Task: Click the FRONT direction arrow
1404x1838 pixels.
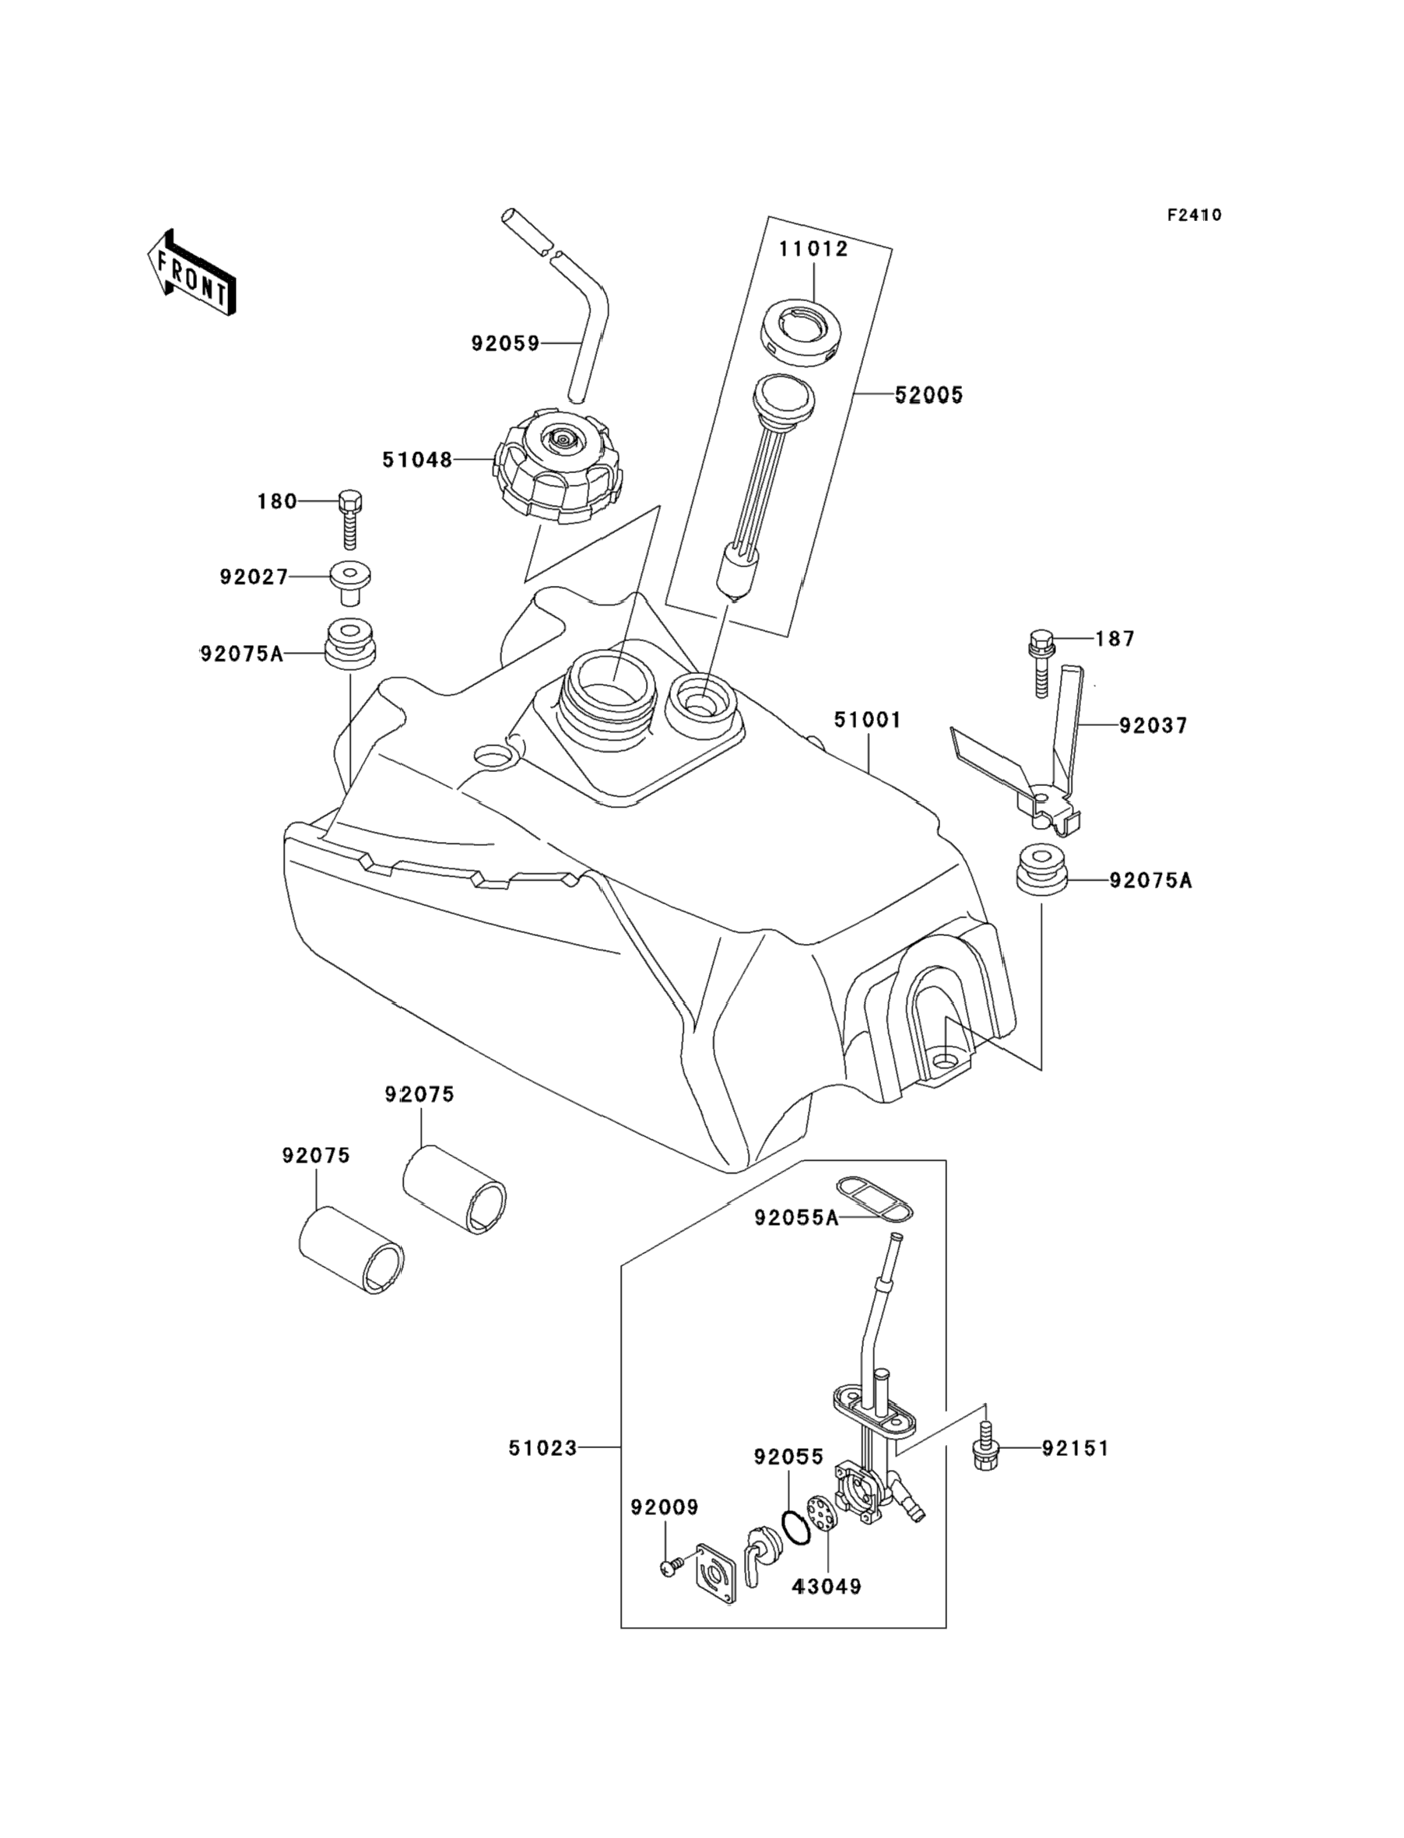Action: click(x=191, y=273)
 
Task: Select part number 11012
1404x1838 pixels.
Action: click(x=814, y=249)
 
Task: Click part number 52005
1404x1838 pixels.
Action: click(x=928, y=395)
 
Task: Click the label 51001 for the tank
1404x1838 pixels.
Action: click(x=867, y=719)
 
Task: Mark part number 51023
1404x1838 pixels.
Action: click(x=543, y=1448)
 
